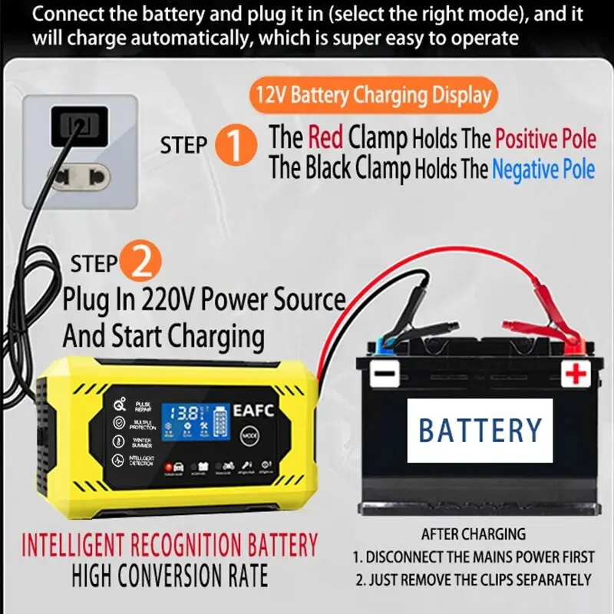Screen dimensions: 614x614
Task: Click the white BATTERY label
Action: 480,430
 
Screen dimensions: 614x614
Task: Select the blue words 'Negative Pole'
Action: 543,169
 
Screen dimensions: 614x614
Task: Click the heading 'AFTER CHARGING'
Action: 473,534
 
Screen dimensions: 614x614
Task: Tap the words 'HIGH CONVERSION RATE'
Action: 170,576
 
